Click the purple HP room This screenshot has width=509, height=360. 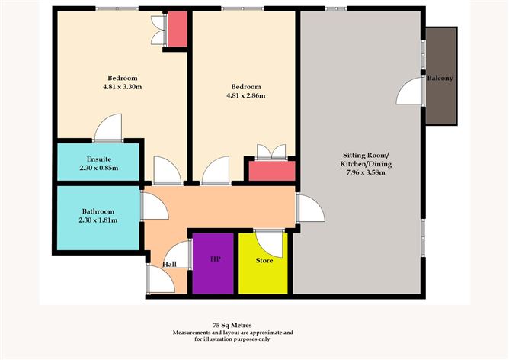pos(213,263)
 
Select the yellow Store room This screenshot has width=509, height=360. pos(263,263)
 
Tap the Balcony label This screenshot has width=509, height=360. pos(440,78)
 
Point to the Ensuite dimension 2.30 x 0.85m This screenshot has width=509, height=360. pos(99,168)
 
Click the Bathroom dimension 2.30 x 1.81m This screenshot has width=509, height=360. pos(98,220)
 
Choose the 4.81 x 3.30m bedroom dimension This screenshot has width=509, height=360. pos(123,87)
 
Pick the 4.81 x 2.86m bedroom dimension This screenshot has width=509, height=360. pos(245,95)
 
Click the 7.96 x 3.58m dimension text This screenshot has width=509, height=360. pos(366,172)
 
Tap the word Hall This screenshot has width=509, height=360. pos(169,264)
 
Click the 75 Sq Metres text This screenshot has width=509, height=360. pos(232,325)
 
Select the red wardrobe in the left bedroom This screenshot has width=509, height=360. pos(178,29)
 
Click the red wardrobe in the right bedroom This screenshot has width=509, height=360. pos(272,171)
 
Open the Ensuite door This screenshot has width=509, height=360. pos(108,127)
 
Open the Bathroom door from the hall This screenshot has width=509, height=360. pos(155,205)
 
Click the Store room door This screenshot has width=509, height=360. pos(269,243)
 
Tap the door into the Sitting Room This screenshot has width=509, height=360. pos(312,208)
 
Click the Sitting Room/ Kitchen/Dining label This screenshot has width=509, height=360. pos(366,159)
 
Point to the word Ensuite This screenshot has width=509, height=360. pos(99,159)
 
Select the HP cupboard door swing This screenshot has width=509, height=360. pos(178,254)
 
